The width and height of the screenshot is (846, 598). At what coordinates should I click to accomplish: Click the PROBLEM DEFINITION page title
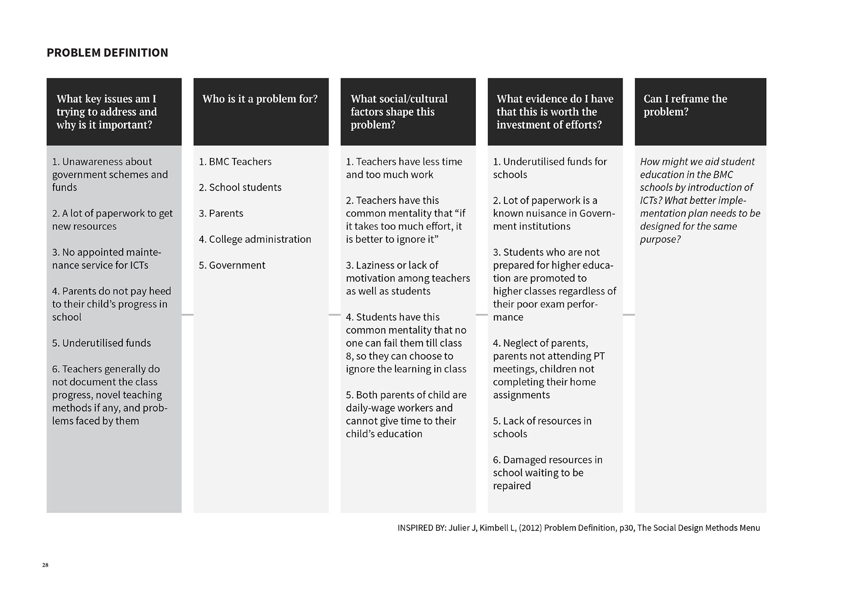(107, 52)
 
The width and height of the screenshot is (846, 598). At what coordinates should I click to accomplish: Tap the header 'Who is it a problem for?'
(260, 99)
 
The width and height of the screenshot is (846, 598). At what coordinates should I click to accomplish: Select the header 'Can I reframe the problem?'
(685, 105)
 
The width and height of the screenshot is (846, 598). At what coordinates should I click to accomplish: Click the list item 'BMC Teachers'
(235, 162)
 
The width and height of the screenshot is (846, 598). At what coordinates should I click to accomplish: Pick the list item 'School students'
(240, 187)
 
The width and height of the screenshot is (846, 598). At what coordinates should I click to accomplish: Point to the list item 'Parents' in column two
(221, 213)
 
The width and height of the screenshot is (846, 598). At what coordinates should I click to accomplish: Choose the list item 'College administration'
(255, 239)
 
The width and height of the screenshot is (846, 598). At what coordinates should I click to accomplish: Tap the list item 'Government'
(232, 265)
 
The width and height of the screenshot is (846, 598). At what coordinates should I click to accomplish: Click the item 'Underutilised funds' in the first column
(102, 343)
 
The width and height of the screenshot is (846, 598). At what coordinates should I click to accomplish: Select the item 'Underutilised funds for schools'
(549, 168)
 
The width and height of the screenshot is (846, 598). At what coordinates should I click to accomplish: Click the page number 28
(45, 565)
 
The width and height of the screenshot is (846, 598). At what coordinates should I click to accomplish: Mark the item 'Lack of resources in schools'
(542, 427)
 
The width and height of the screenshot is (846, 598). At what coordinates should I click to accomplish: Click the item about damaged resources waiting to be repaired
(547, 472)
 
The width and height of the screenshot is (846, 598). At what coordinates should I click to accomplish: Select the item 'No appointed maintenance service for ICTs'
(106, 258)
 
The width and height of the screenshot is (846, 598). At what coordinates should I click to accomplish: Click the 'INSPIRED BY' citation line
(578, 528)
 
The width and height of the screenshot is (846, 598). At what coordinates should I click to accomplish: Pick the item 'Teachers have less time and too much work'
(404, 168)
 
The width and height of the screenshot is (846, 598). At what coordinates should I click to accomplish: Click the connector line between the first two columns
(187, 315)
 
